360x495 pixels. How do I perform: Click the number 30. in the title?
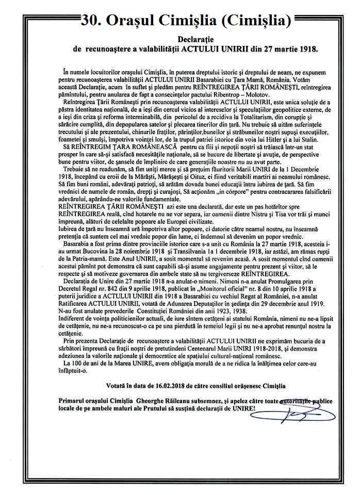92,21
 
